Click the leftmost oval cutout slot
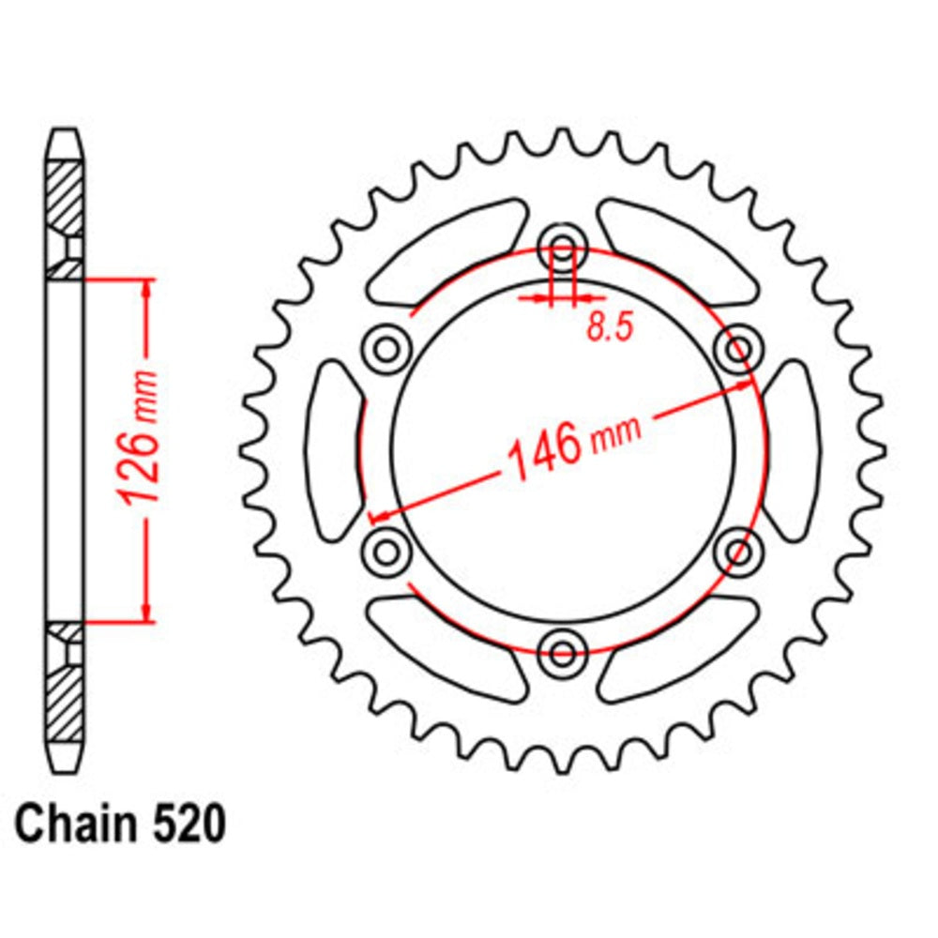335,450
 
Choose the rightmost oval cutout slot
790,450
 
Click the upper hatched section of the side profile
65,198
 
